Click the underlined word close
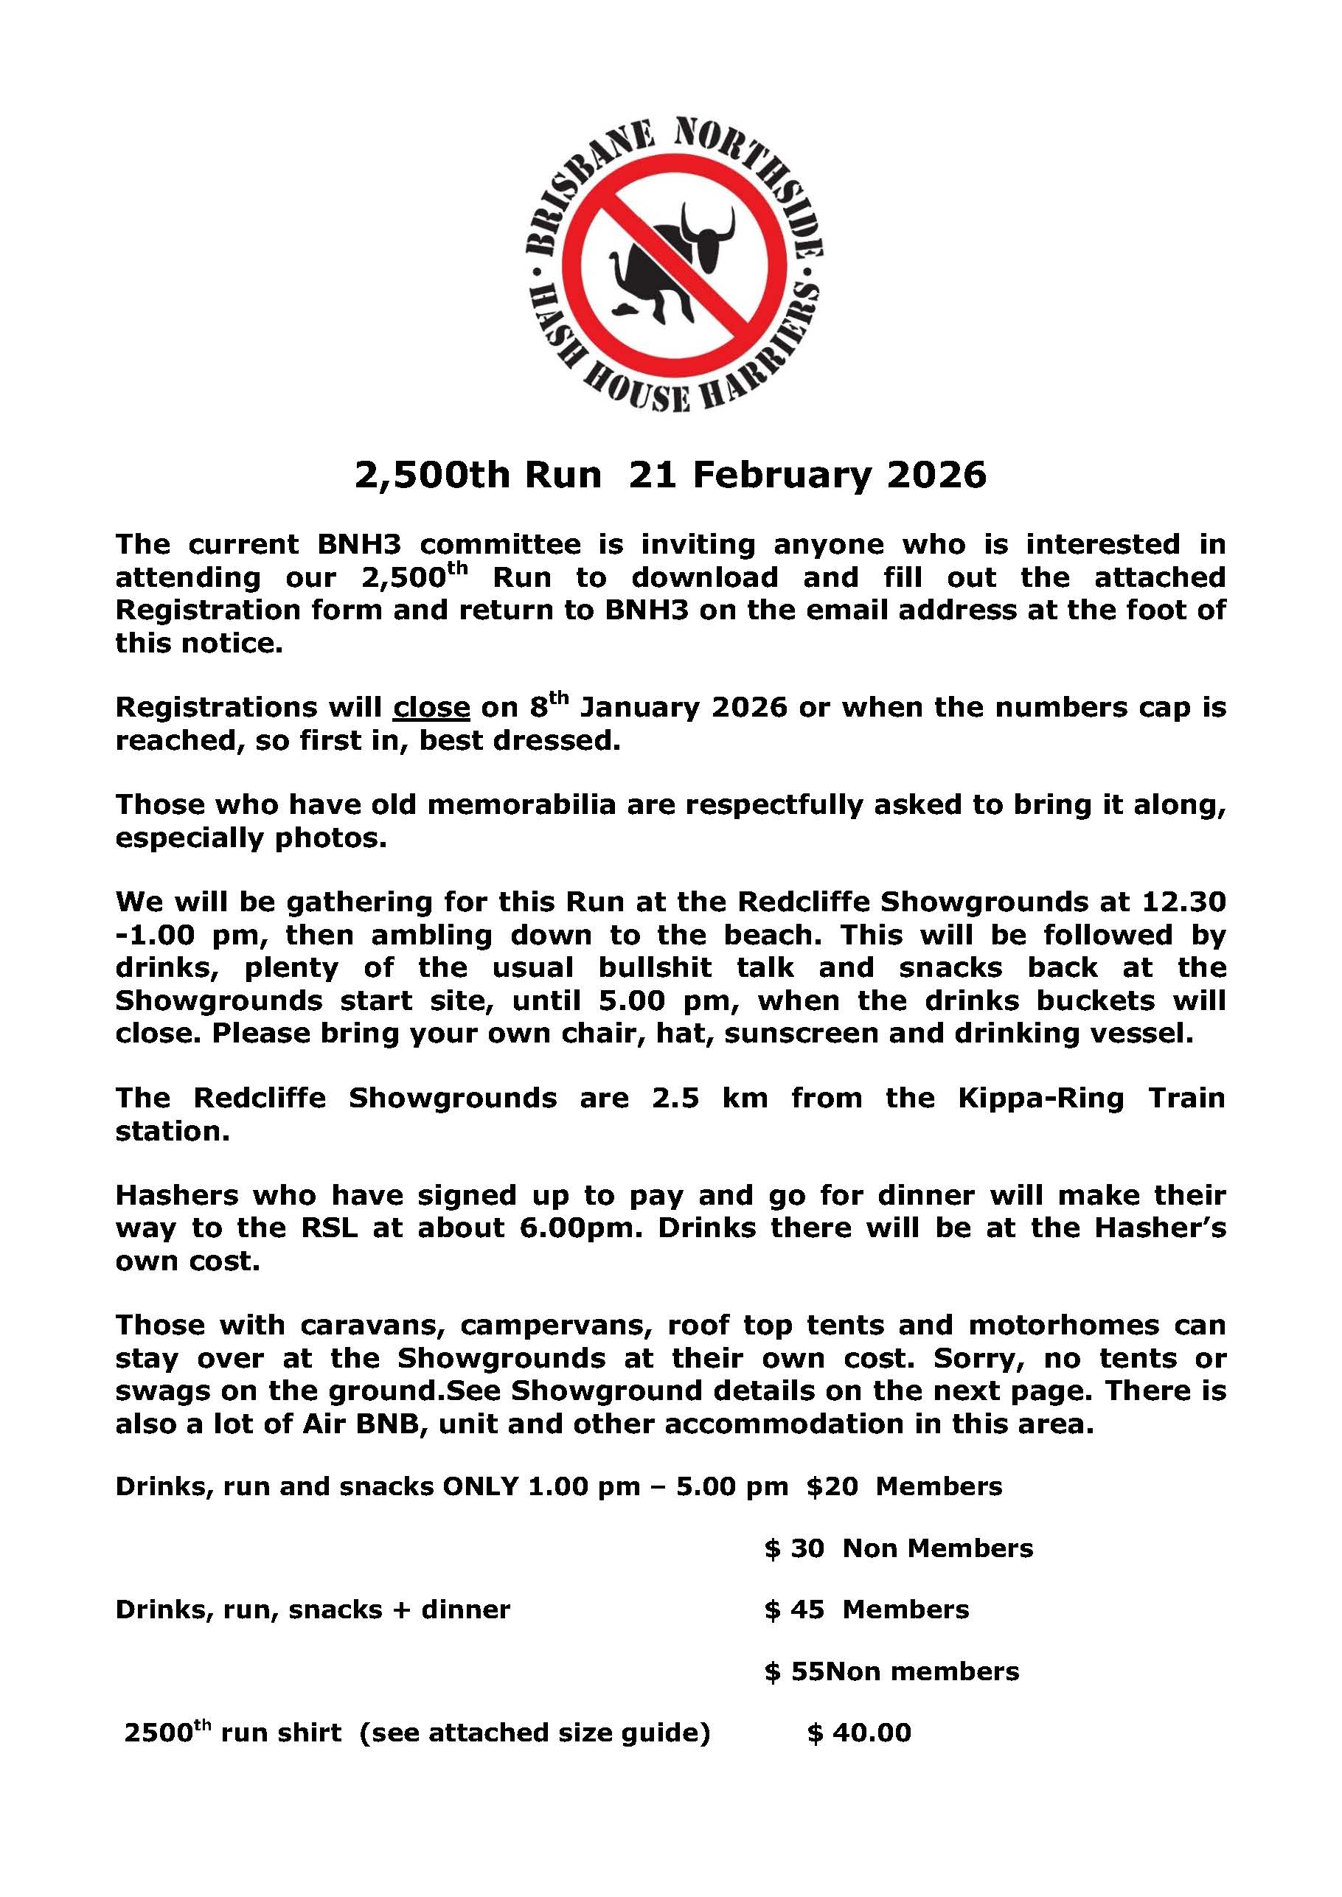tap(431, 707)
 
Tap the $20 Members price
tap(904, 1486)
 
